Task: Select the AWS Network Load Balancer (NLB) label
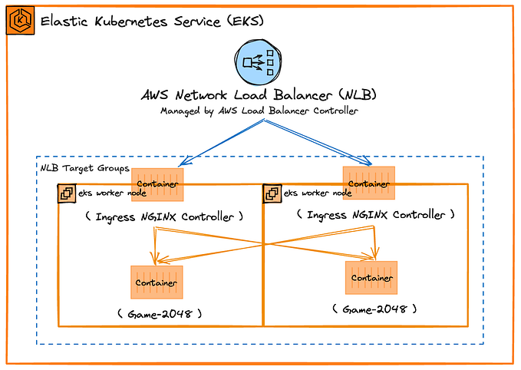pyautogui.click(x=258, y=96)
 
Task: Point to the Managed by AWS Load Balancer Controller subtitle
pyautogui.click(x=258, y=111)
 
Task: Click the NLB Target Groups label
pyautogui.click(x=74, y=167)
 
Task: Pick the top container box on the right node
pyautogui.click(x=368, y=183)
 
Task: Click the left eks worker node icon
pyautogui.click(x=65, y=193)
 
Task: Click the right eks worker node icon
pyautogui.click(x=272, y=193)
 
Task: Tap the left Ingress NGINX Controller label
pyautogui.click(x=164, y=216)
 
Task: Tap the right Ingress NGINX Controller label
pyautogui.click(x=375, y=215)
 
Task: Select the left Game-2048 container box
pyautogui.click(x=157, y=282)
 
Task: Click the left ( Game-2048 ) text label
pyautogui.click(x=159, y=313)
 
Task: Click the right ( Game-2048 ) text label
pyautogui.click(x=374, y=309)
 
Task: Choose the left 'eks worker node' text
pyautogui.click(x=107, y=193)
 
